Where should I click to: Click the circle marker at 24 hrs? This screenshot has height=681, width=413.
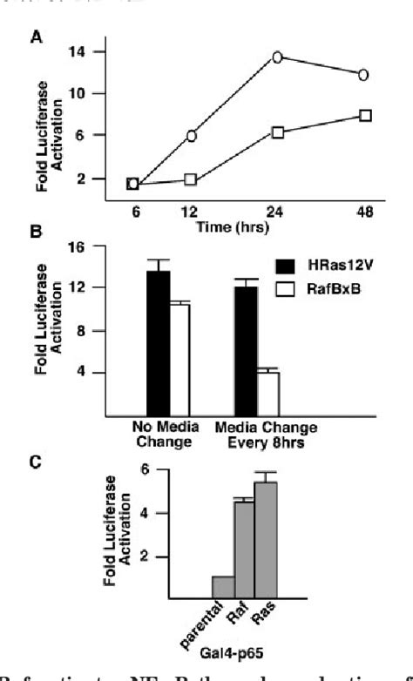click(277, 57)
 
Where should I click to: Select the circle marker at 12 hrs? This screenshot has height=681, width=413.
click(191, 135)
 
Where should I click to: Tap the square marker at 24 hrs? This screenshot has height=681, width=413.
click(277, 131)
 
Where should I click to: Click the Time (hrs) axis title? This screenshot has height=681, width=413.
click(234, 228)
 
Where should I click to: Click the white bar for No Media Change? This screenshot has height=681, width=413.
click(179, 359)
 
